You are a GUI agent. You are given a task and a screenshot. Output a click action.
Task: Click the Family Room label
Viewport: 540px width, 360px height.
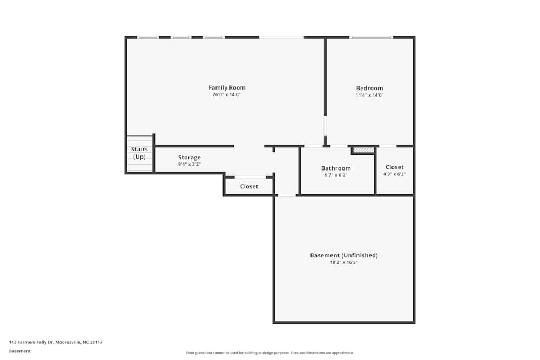click(x=227, y=87)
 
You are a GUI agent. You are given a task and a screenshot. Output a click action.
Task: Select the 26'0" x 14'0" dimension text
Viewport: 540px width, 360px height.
click(x=226, y=94)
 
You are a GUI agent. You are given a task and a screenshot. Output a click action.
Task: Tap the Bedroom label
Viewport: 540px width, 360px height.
click(x=369, y=88)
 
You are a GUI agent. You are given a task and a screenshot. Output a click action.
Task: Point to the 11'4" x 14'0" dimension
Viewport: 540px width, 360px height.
click(x=369, y=95)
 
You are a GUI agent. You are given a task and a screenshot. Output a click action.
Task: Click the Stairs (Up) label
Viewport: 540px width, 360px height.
click(x=139, y=153)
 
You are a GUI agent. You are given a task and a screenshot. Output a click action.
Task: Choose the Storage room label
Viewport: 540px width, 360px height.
click(x=190, y=157)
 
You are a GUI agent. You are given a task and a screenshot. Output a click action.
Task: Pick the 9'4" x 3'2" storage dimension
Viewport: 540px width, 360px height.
click(x=190, y=164)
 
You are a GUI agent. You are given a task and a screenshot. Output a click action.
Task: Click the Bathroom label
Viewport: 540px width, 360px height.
click(x=336, y=168)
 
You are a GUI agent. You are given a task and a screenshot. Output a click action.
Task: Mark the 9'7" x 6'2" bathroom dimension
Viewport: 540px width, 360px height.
click(x=336, y=175)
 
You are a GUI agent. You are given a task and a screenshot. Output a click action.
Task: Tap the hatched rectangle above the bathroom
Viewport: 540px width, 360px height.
click(x=363, y=150)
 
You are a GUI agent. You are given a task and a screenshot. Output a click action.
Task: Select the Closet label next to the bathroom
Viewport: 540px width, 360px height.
click(x=394, y=167)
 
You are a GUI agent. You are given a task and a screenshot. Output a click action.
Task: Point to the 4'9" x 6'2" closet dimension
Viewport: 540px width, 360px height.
click(x=394, y=174)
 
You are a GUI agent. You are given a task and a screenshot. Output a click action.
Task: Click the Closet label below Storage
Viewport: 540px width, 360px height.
click(x=249, y=186)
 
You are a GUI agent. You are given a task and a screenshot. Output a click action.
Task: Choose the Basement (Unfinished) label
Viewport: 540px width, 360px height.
click(x=343, y=255)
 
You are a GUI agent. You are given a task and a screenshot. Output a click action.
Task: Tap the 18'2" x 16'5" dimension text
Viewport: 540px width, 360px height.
click(x=343, y=262)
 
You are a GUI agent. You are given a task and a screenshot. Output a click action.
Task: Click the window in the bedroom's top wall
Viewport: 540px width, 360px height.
click(x=371, y=37)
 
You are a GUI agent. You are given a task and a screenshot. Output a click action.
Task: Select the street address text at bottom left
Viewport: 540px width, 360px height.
click(x=56, y=342)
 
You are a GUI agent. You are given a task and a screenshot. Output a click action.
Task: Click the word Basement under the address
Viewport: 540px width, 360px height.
click(x=20, y=351)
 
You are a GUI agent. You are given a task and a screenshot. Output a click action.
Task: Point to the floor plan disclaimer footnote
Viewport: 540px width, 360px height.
click(x=270, y=353)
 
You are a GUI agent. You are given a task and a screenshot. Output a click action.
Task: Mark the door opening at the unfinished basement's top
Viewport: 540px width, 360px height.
click(x=287, y=195)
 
